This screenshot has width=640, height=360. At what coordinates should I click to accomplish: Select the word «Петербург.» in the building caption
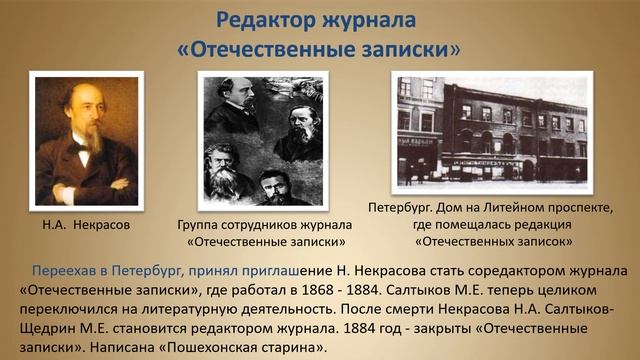[400, 208]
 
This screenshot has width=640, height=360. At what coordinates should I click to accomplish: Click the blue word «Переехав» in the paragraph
[61, 271]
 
